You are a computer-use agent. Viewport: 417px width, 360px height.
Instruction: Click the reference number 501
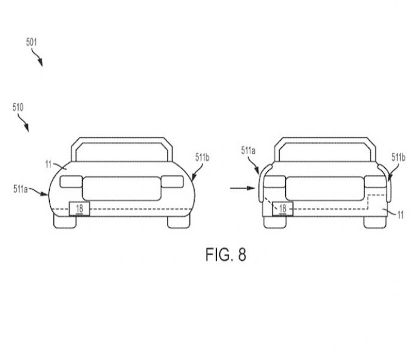31,42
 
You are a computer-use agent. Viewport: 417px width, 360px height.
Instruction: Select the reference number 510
18,107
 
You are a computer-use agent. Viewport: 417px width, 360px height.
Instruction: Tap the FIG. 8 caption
226,255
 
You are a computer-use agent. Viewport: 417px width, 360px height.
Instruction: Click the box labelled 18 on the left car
79,208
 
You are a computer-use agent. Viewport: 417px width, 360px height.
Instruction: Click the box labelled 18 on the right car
283,208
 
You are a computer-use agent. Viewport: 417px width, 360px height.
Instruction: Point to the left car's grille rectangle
122,189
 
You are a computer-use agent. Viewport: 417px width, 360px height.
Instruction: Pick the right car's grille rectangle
325,189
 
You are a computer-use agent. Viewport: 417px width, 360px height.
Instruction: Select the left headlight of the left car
71,182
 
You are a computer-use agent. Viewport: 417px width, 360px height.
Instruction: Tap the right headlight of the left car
173,182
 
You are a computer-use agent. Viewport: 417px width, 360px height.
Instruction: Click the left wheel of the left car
65,222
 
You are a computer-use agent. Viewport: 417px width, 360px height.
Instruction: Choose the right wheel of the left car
179,222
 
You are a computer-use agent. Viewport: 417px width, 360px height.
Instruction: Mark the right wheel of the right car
374,222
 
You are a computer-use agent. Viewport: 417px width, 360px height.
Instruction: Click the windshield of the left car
122,152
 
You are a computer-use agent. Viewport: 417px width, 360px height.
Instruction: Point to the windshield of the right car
325,152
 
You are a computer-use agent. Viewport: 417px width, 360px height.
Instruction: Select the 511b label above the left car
202,158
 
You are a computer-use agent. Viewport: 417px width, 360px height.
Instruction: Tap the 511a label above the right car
248,150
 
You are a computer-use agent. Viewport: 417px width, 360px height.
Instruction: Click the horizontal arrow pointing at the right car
243,188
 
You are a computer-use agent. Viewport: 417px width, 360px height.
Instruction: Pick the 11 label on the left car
48,164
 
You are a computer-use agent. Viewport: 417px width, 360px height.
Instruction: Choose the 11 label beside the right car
400,215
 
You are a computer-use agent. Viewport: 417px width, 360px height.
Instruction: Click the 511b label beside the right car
398,158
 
